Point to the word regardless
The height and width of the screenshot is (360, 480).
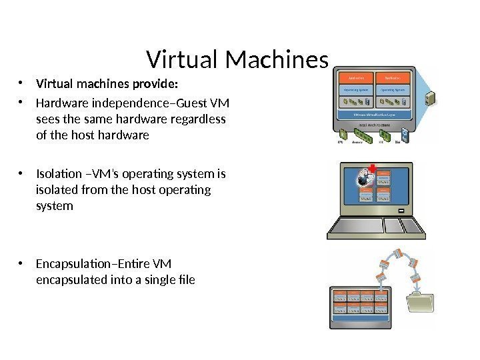pyautogui.click(x=200, y=119)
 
